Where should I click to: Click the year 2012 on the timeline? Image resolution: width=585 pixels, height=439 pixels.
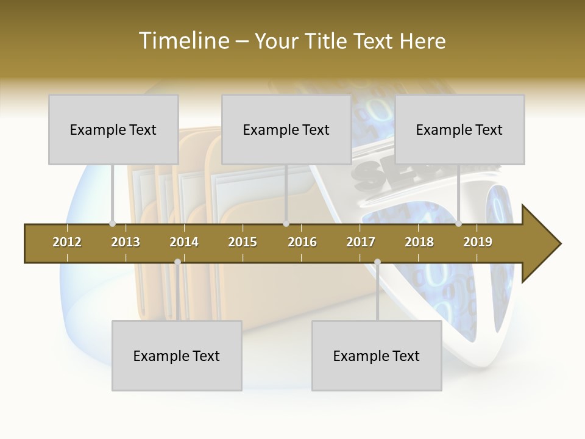[x=67, y=242]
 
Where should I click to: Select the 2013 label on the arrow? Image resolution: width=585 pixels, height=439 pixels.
[x=126, y=242]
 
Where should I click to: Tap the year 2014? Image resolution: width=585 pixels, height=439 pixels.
[x=184, y=242]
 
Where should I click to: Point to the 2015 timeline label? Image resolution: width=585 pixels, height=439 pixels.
[x=243, y=242]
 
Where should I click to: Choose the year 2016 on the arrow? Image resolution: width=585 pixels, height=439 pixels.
[x=302, y=242]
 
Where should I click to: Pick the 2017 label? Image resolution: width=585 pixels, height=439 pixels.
[x=361, y=242]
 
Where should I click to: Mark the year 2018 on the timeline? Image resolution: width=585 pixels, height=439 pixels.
[x=419, y=242]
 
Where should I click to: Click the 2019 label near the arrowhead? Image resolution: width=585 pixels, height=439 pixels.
[x=478, y=242]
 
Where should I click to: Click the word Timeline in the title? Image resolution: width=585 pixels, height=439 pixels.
[x=183, y=41]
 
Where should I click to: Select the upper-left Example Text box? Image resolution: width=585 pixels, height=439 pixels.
[x=113, y=129]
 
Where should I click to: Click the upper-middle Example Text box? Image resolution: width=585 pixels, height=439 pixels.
[x=286, y=129]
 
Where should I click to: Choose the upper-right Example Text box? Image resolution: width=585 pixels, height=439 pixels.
[x=459, y=129]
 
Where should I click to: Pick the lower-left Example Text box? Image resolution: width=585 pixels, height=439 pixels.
[x=177, y=355]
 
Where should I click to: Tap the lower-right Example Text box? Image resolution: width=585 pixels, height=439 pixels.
[x=377, y=355]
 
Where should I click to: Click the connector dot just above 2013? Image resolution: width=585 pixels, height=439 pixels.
[x=112, y=224]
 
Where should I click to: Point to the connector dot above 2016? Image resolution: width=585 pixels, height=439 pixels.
[x=286, y=224]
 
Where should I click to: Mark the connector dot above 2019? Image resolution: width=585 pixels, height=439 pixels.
[x=458, y=224]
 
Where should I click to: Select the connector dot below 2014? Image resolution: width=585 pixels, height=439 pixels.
[x=177, y=262]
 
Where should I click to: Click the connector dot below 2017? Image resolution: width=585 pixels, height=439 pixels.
[x=377, y=262]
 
